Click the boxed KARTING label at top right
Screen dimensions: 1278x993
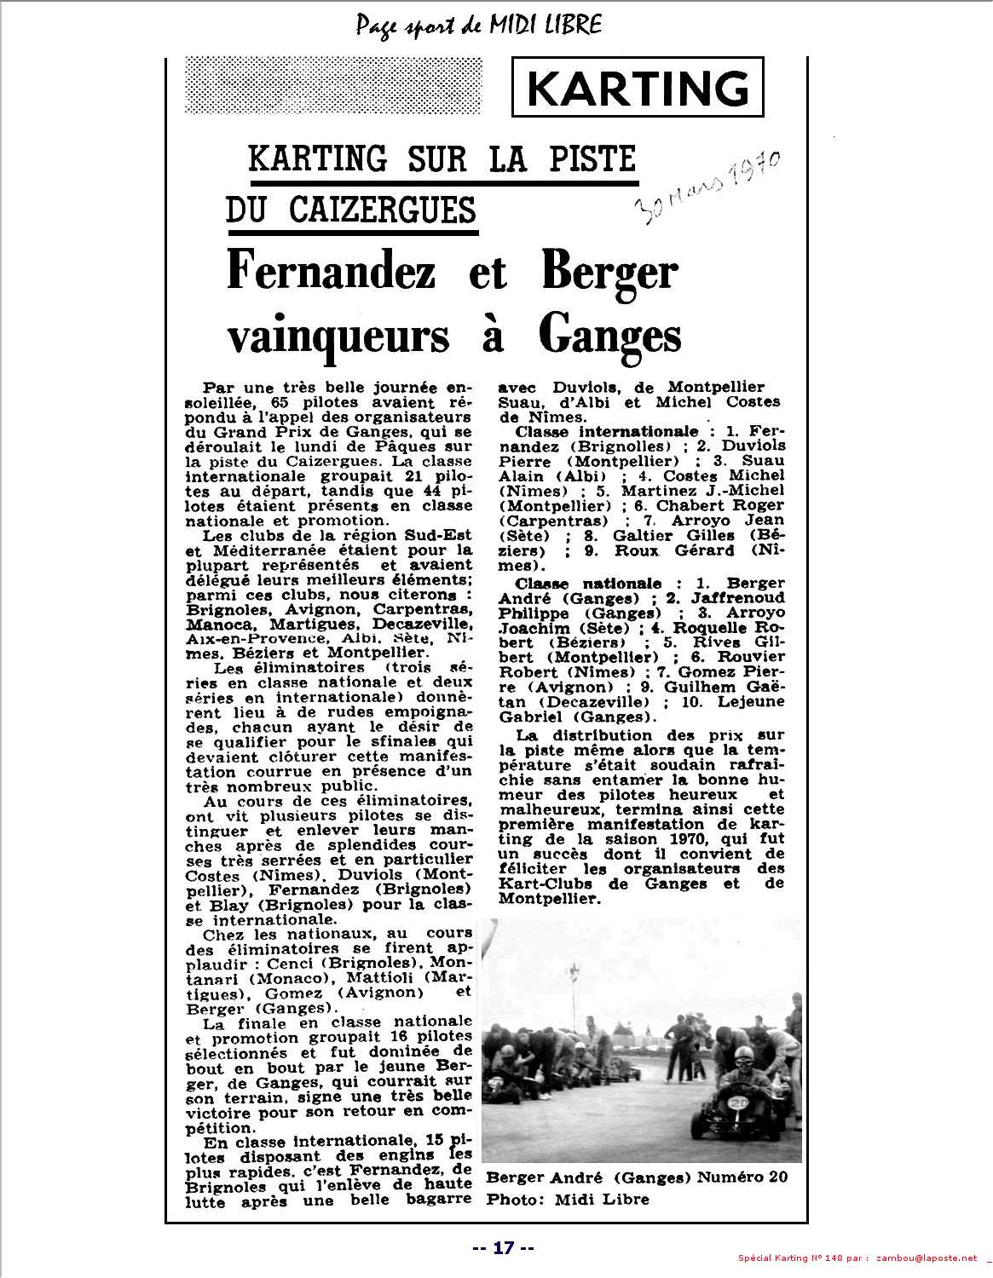(638, 88)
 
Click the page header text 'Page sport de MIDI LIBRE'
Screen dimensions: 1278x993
(479, 25)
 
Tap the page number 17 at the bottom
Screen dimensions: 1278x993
(504, 1248)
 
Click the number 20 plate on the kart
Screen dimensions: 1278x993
(738, 1102)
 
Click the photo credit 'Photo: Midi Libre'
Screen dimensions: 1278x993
(568, 1199)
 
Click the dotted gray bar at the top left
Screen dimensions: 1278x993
(333, 85)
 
